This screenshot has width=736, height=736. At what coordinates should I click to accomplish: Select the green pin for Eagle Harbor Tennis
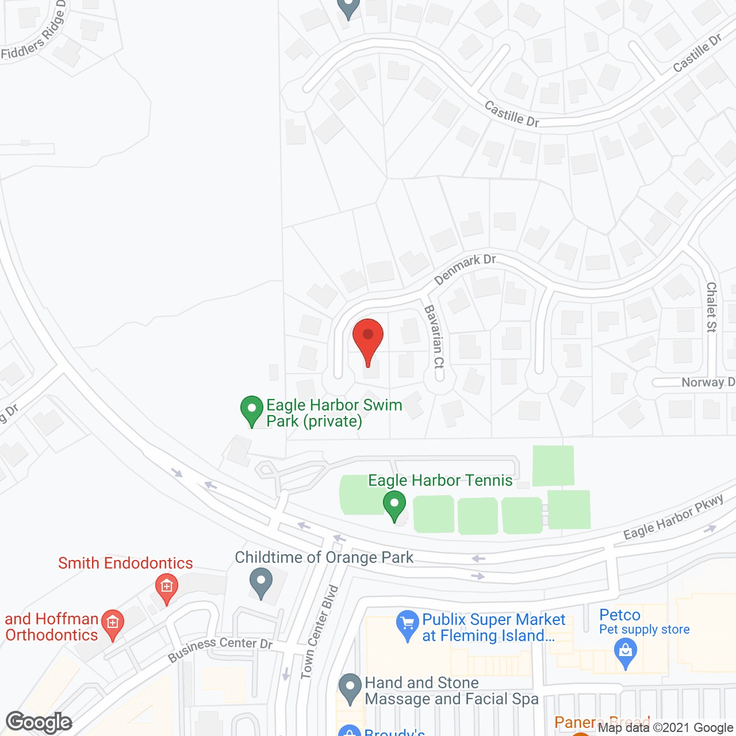(394, 505)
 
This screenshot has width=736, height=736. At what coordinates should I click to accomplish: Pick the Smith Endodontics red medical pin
(167, 588)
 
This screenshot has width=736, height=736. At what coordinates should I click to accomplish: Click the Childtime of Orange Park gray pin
(261, 582)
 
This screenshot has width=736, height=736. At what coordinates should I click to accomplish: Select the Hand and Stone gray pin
(349, 688)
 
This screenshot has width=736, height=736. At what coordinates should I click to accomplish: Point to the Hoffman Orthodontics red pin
(112, 624)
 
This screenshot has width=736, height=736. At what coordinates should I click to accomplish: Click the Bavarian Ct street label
(435, 337)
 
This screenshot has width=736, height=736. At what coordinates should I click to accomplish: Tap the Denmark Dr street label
(465, 270)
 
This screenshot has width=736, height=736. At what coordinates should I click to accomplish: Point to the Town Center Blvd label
(320, 631)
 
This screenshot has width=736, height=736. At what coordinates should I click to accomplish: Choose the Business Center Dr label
(220, 647)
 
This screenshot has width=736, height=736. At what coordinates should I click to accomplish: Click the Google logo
(39, 722)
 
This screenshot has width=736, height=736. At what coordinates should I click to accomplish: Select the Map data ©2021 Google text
(666, 727)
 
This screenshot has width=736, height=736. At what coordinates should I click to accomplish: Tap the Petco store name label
(619, 615)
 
